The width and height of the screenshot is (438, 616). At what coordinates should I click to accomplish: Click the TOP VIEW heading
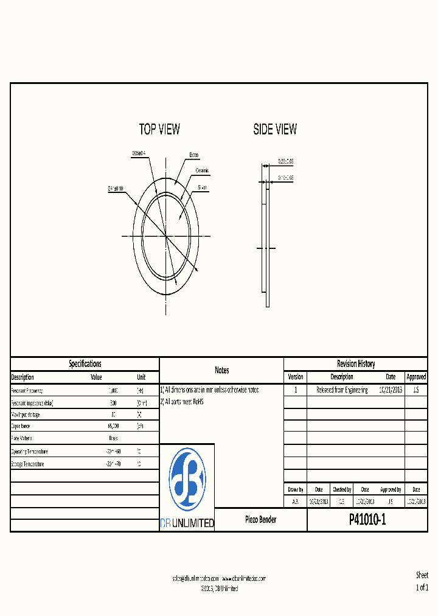pyautogui.click(x=159, y=129)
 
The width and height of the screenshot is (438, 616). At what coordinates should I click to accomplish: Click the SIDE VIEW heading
pyautogui.click(x=275, y=129)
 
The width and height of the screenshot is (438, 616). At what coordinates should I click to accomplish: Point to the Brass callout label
pyautogui.click(x=194, y=155)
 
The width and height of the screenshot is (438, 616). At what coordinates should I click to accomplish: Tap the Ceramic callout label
pyautogui.click(x=203, y=171)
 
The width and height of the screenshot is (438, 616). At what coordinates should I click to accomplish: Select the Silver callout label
pyautogui.click(x=203, y=188)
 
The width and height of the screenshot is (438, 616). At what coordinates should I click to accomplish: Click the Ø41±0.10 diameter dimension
pyautogui.click(x=116, y=189)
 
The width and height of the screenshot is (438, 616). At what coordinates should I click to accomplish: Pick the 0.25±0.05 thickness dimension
pyautogui.click(x=286, y=161)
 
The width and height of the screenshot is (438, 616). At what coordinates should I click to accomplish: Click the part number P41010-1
pyautogui.click(x=367, y=520)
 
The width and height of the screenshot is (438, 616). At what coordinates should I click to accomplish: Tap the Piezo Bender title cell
pyautogui.click(x=260, y=520)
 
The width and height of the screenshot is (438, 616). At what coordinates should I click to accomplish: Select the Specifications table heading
pyautogui.click(x=85, y=364)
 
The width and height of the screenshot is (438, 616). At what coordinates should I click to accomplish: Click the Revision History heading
pyautogui.click(x=356, y=364)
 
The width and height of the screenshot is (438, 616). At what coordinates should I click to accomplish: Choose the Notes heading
pyautogui.click(x=221, y=370)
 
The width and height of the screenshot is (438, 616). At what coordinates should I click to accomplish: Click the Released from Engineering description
pyautogui.click(x=342, y=390)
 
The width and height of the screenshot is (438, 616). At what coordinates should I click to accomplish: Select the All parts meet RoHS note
pyautogui.click(x=182, y=402)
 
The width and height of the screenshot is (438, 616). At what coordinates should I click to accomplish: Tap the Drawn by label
pyautogui.click(x=296, y=489)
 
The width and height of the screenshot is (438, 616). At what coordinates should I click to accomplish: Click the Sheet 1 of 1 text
pyautogui.click(x=422, y=581)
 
